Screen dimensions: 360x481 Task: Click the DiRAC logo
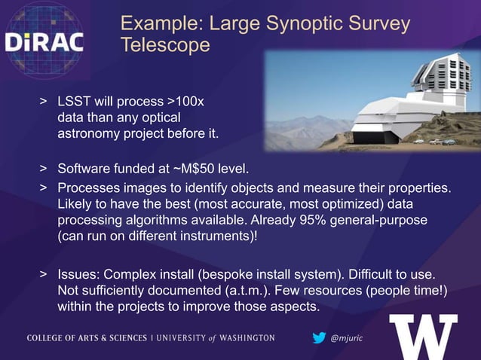click(44, 42)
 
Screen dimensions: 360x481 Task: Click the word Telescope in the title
click(165, 46)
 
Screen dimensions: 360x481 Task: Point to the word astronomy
click(94, 135)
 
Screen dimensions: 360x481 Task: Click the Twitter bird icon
click(319, 338)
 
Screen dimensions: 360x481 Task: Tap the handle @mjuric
click(348, 338)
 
